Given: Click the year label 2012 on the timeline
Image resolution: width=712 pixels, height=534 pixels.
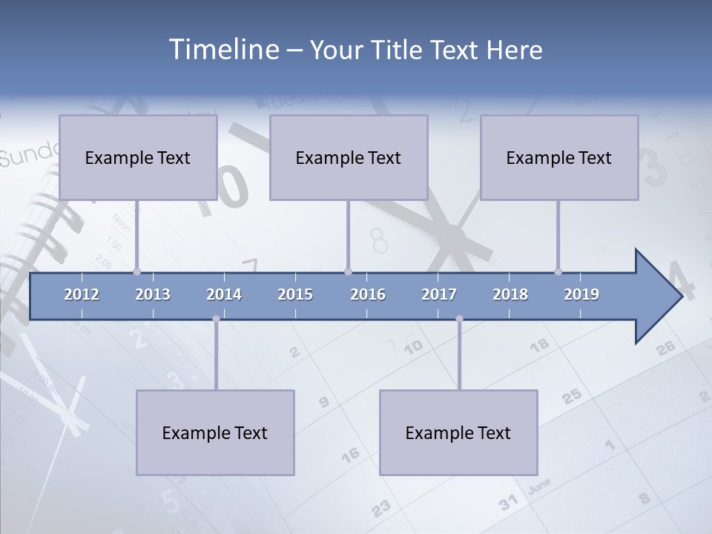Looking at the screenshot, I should (82, 294).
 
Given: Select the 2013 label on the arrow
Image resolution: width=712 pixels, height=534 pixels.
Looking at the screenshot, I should (153, 294).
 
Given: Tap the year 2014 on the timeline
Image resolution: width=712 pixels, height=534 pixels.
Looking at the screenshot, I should (224, 294).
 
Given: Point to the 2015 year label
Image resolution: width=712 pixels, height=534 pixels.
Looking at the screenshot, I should (295, 294).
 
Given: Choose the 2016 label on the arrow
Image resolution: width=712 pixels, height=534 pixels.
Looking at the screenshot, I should (368, 294).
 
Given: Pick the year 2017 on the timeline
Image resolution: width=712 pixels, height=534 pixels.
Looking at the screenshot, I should (439, 294).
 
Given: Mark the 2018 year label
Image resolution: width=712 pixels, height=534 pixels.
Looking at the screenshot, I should (510, 294).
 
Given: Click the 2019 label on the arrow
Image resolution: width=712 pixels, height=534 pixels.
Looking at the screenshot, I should (581, 294).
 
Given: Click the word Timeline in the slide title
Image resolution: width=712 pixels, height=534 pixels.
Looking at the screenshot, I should (222, 50).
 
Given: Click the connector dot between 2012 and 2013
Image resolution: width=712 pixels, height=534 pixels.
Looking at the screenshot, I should (136, 271).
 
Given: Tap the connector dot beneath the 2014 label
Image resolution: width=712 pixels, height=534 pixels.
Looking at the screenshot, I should (216, 319).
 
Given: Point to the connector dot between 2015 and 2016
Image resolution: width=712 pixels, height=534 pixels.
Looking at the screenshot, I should (348, 271).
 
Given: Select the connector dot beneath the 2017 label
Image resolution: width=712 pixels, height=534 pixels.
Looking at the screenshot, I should (459, 319).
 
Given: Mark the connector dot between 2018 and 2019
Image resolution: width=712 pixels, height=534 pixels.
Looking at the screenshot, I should (558, 271).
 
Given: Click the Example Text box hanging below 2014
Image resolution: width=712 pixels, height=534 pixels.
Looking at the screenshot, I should (215, 432).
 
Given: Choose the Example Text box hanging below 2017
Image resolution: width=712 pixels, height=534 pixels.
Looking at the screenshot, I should (458, 432).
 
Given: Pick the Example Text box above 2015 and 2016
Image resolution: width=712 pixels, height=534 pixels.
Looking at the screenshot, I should (349, 157).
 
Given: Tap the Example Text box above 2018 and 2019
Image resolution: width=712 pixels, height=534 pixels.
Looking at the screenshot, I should (559, 157).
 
